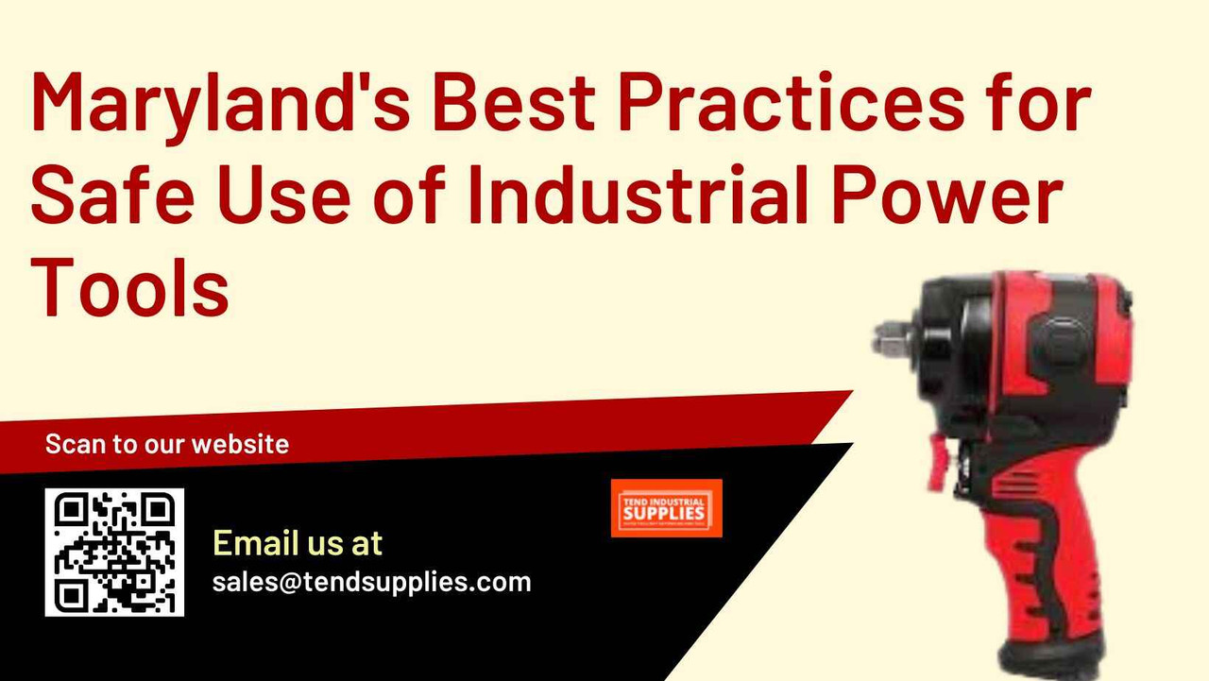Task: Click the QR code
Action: coord(114,553)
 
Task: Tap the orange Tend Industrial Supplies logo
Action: coord(666,508)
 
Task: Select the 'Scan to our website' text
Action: coord(167,444)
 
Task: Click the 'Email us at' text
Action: coord(298,543)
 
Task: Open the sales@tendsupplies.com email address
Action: coord(371,581)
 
